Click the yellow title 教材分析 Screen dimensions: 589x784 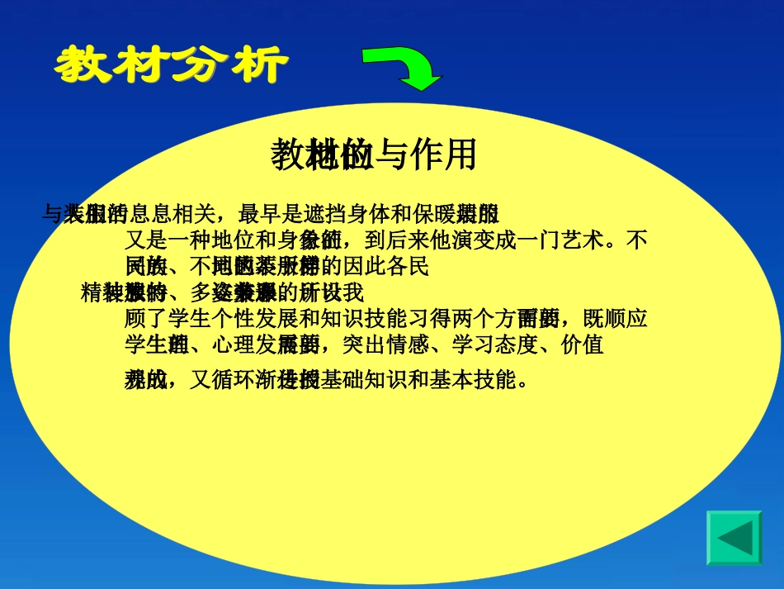172,64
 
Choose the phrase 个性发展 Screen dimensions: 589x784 254,319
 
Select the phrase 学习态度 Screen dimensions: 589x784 500,344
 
